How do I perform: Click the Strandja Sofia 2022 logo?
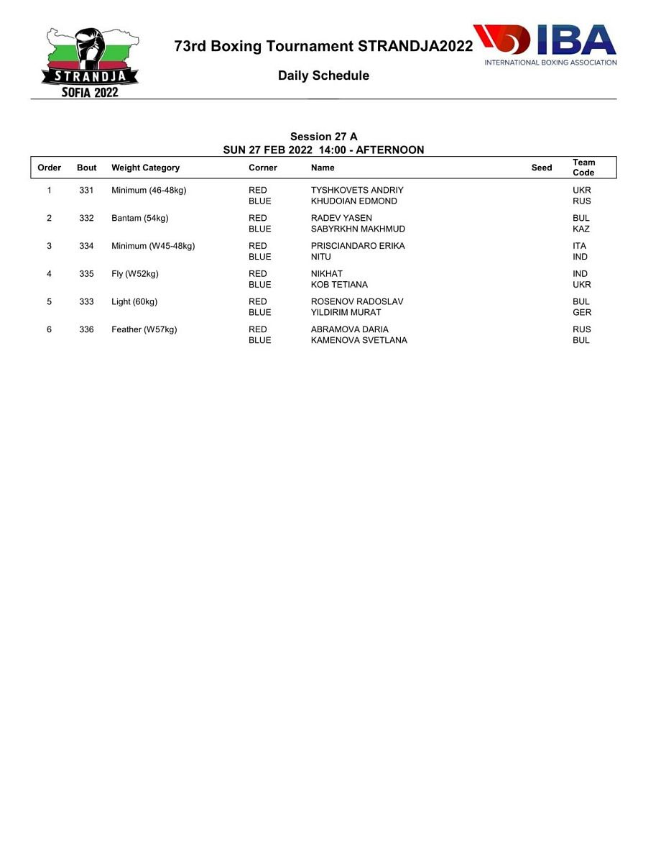tap(91, 63)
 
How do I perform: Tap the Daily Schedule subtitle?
tap(323, 76)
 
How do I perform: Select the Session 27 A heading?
tap(323, 137)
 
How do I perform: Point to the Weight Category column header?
tap(145, 168)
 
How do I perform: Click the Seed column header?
tap(542, 168)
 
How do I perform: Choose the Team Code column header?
tap(583, 168)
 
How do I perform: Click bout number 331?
tap(86, 191)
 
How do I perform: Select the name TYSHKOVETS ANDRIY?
tap(357, 191)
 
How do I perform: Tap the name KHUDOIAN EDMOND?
tap(353, 201)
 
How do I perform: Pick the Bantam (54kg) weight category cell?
tap(139, 218)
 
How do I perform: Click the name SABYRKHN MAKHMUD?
tap(358, 229)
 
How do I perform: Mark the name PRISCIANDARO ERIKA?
tap(358, 246)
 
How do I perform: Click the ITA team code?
tap(579, 246)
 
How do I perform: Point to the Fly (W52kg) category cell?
tap(134, 273)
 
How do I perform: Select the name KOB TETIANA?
tap(339, 285)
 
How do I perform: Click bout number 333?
tap(86, 301)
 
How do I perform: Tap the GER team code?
tap(582, 313)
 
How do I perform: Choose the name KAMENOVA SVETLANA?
tap(359, 340)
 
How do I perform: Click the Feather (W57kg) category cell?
tap(144, 329)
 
